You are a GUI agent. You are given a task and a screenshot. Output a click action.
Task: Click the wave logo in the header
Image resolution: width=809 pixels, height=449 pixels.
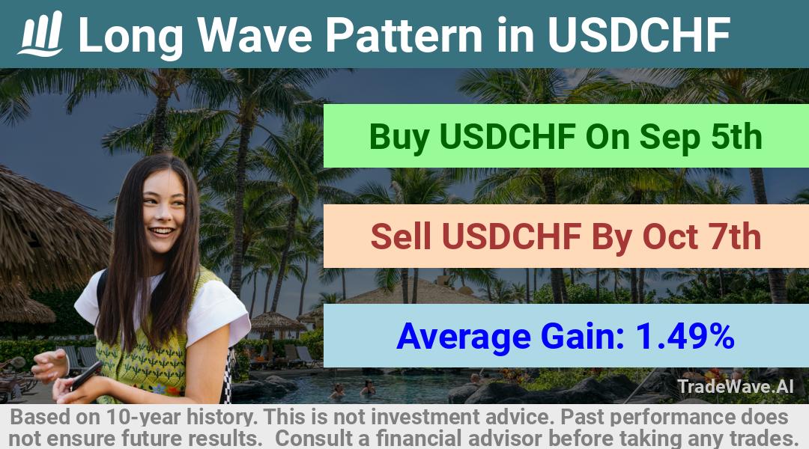[40, 33]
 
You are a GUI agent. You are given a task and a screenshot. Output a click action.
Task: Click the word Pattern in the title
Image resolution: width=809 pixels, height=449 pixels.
[404, 34]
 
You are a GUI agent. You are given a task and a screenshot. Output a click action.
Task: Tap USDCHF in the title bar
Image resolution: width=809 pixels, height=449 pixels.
[639, 34]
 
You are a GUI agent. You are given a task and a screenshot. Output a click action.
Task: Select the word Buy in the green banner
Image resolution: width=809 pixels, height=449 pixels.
[400, 137]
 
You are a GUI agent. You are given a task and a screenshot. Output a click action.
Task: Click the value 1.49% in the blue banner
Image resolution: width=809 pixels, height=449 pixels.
[685, 336]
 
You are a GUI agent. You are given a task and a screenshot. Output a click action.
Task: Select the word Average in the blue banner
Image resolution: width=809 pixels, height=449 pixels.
[464, 337]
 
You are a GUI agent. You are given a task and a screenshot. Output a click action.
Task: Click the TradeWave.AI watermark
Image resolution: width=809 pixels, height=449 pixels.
[736, 386]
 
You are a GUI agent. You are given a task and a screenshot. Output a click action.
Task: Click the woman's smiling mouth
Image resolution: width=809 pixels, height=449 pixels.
[162, 231]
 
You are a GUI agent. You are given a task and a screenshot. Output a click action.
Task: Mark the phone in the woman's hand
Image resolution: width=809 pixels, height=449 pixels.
[86, 376]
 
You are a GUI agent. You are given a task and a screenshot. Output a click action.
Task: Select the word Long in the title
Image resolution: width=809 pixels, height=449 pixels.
[130, 36]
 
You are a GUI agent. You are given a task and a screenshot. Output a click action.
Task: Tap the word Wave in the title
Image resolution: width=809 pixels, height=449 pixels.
[255, 34]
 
